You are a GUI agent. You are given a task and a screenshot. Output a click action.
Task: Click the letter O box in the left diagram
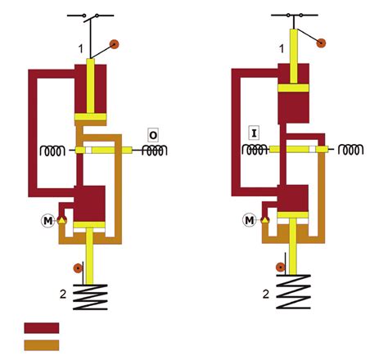pyautogui.click(x=153, y=133)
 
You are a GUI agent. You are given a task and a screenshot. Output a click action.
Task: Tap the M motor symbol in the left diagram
pyautogui.click(x=47, y=220)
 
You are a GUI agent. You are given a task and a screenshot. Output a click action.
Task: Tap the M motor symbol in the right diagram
pyautogui.click(x=249, y=220)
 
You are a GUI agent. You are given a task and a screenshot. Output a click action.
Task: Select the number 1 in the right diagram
pyautogui.click(x=282, y=50)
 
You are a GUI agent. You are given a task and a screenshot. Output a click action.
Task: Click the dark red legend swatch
pyautogui.click(x=41, y=327)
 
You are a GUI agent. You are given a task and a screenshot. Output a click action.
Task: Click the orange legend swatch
pyautogui.click(x=41, y=343)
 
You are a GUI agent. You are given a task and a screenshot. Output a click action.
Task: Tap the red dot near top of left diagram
pyautogui.click(x=115, y=43)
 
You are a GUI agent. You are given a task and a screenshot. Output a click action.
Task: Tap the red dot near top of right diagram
pyautogui.click(x=321, y=42)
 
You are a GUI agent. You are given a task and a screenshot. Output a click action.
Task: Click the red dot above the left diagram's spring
pyautogui.click(x=77, y=268)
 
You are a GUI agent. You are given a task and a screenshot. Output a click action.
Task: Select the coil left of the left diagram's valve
pyautogui.click(x=53, y=151)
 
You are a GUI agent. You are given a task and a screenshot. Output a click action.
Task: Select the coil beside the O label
pyautogui.click(x=153, y=151)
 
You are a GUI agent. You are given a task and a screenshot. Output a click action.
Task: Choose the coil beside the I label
pyautogui.click(x=254, y=151)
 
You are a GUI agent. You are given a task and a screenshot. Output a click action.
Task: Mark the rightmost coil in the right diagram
pyautogui.click(x=353, y=150)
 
